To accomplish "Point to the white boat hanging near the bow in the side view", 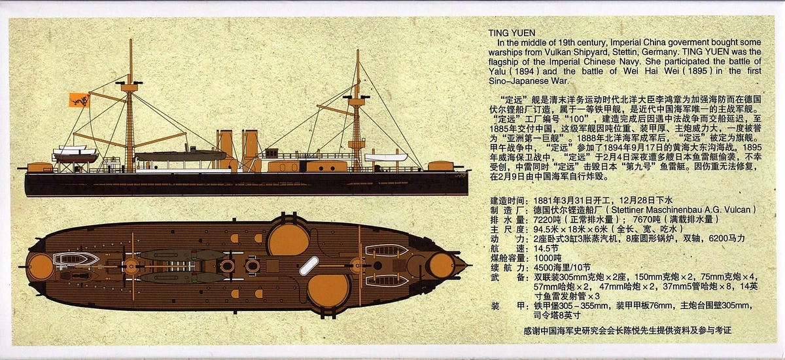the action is coord(386,157).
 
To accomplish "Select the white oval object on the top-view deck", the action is coord(309,265).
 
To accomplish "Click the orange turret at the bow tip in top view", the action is coord(442,264).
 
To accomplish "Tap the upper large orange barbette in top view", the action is coord(288,239).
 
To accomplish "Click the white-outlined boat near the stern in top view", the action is coord(75,259).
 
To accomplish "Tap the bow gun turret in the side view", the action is coord(440,166).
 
